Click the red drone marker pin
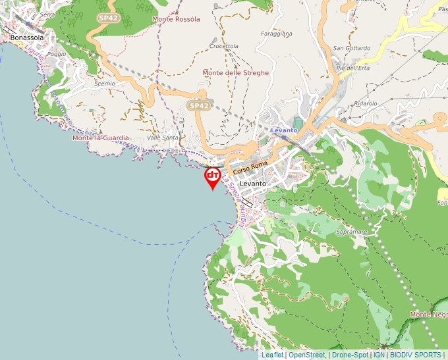213,177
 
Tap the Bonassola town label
27,38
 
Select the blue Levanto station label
285,130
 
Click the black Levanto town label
252,183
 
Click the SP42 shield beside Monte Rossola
108,18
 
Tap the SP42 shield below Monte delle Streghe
198,105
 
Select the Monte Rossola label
176,19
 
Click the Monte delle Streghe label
236,73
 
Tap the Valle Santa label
163,138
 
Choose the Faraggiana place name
277,32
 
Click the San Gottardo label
352,48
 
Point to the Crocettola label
223,46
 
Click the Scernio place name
105,84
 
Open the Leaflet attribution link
273,355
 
